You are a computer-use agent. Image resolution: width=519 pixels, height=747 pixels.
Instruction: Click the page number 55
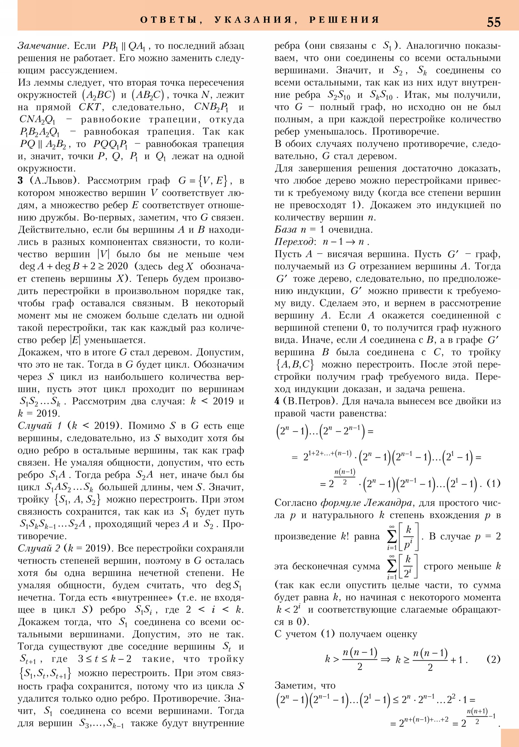click(493, 22)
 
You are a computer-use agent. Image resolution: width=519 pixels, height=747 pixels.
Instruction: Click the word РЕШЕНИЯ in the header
click(344, 20)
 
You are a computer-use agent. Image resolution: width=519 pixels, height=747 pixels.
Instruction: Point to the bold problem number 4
click(277, 401)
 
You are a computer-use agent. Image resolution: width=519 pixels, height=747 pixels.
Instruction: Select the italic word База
click(285, 230)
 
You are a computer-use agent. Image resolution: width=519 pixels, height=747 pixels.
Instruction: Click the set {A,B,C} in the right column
click(295, 364)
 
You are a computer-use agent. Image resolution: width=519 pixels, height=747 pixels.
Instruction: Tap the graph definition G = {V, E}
click(205, 181)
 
